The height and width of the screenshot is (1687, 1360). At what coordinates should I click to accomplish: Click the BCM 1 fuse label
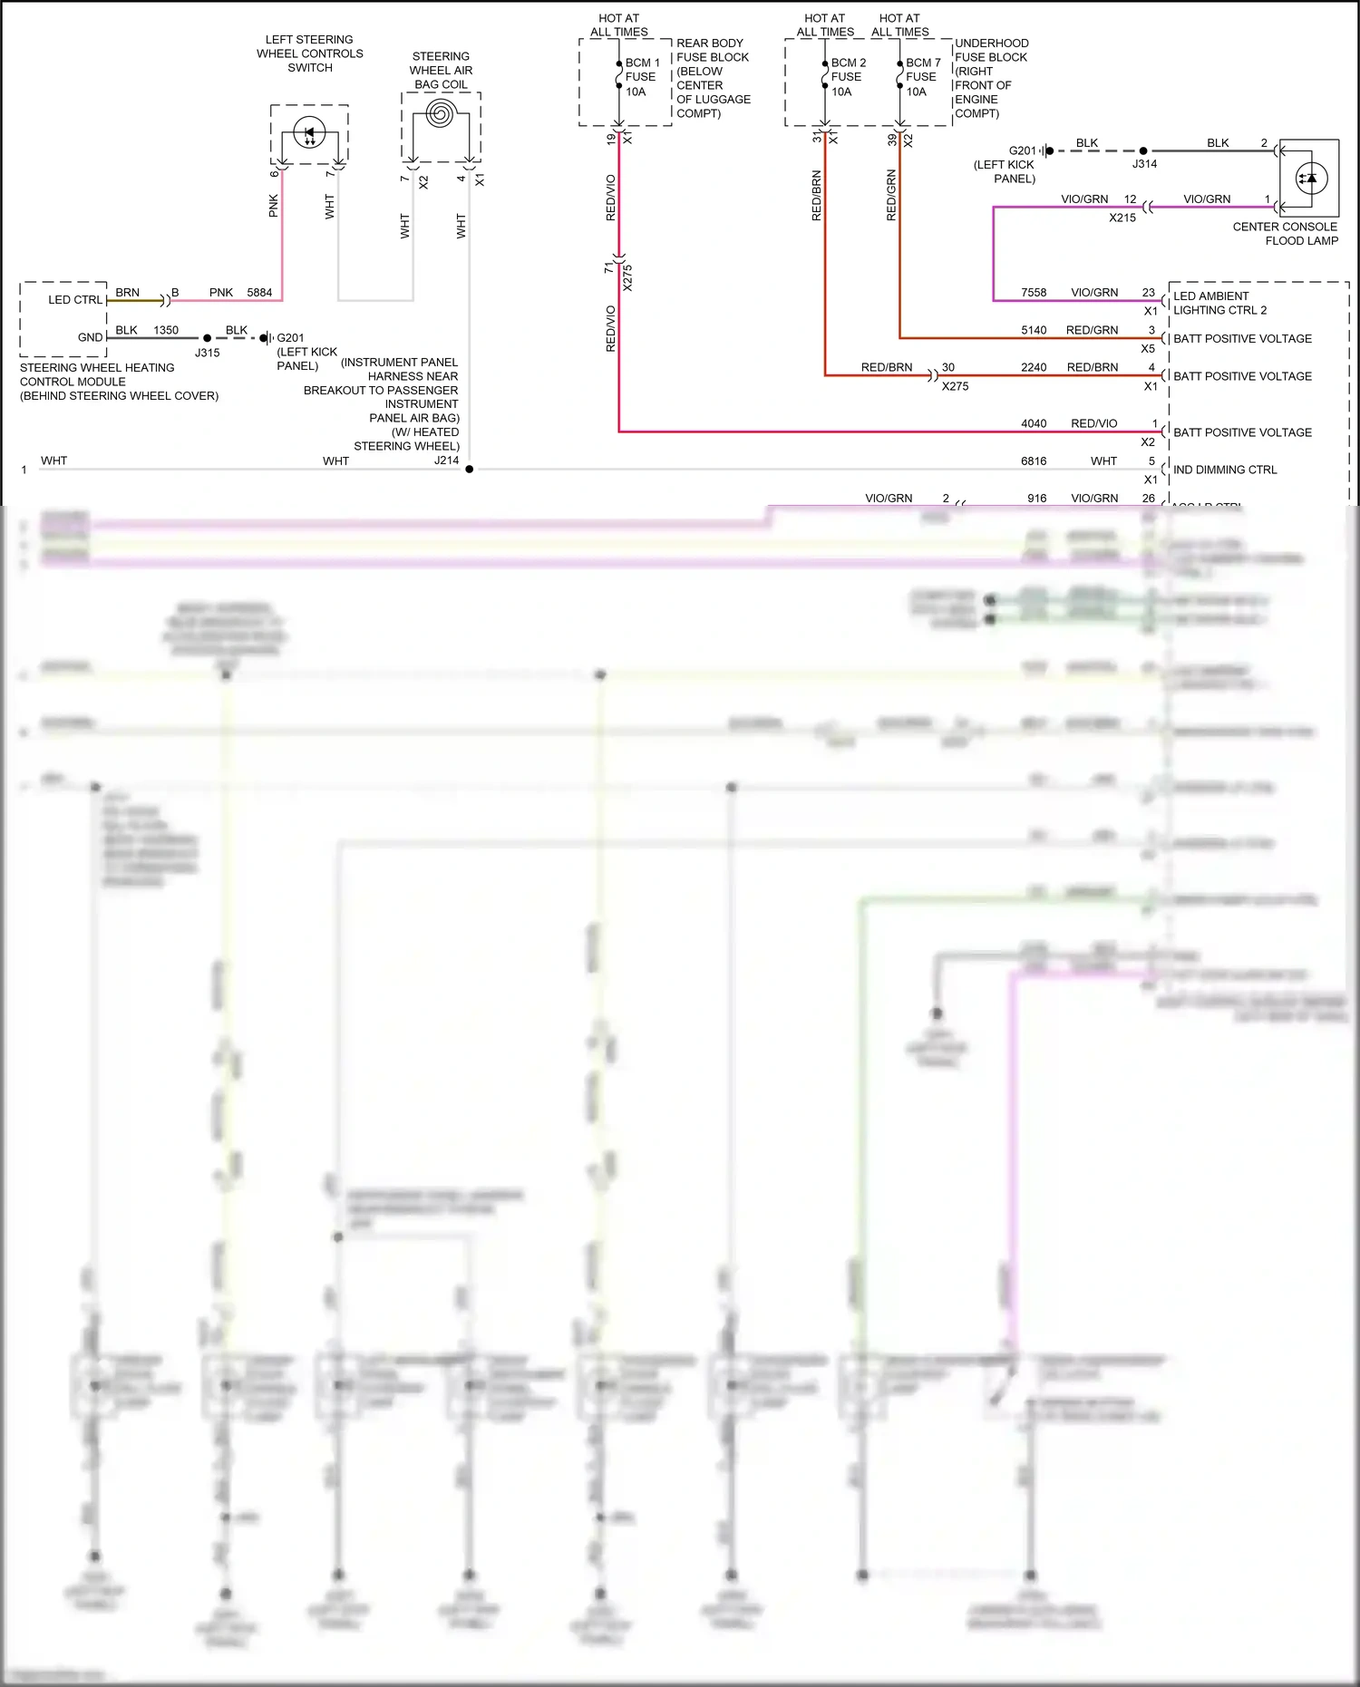642,77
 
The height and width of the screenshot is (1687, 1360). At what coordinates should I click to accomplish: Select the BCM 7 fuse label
923,77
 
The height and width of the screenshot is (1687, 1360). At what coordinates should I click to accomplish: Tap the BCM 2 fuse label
848,77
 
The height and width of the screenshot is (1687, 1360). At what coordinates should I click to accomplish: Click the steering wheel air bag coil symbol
441,114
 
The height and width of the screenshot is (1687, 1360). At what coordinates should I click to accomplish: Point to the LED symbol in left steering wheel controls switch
309,132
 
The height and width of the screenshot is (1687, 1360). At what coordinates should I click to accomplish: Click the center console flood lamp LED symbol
1311,178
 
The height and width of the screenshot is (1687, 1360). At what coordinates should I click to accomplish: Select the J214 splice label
446,461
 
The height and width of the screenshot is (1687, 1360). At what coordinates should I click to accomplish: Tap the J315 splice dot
208,338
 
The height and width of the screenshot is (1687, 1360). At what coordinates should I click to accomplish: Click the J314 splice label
1144,164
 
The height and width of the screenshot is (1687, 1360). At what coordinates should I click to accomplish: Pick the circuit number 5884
259,292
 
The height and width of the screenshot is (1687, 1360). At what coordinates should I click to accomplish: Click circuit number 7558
1034,292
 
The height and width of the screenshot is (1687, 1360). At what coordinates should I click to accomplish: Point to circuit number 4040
1034,423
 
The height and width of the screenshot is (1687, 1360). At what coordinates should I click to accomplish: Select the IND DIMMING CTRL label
1225,470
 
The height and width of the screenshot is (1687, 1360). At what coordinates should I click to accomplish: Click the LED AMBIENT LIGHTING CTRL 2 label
1219,303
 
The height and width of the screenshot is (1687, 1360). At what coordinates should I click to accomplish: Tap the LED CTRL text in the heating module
75,299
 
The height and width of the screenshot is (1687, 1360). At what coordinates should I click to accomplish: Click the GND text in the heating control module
90,337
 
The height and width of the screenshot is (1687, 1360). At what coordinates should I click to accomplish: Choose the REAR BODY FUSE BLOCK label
713,78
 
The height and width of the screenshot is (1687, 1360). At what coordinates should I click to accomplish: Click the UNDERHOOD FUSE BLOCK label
991,78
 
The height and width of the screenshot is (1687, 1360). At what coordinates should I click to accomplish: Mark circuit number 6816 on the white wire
1034,461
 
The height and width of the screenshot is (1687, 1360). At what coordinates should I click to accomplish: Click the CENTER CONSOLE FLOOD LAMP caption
1285,234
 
